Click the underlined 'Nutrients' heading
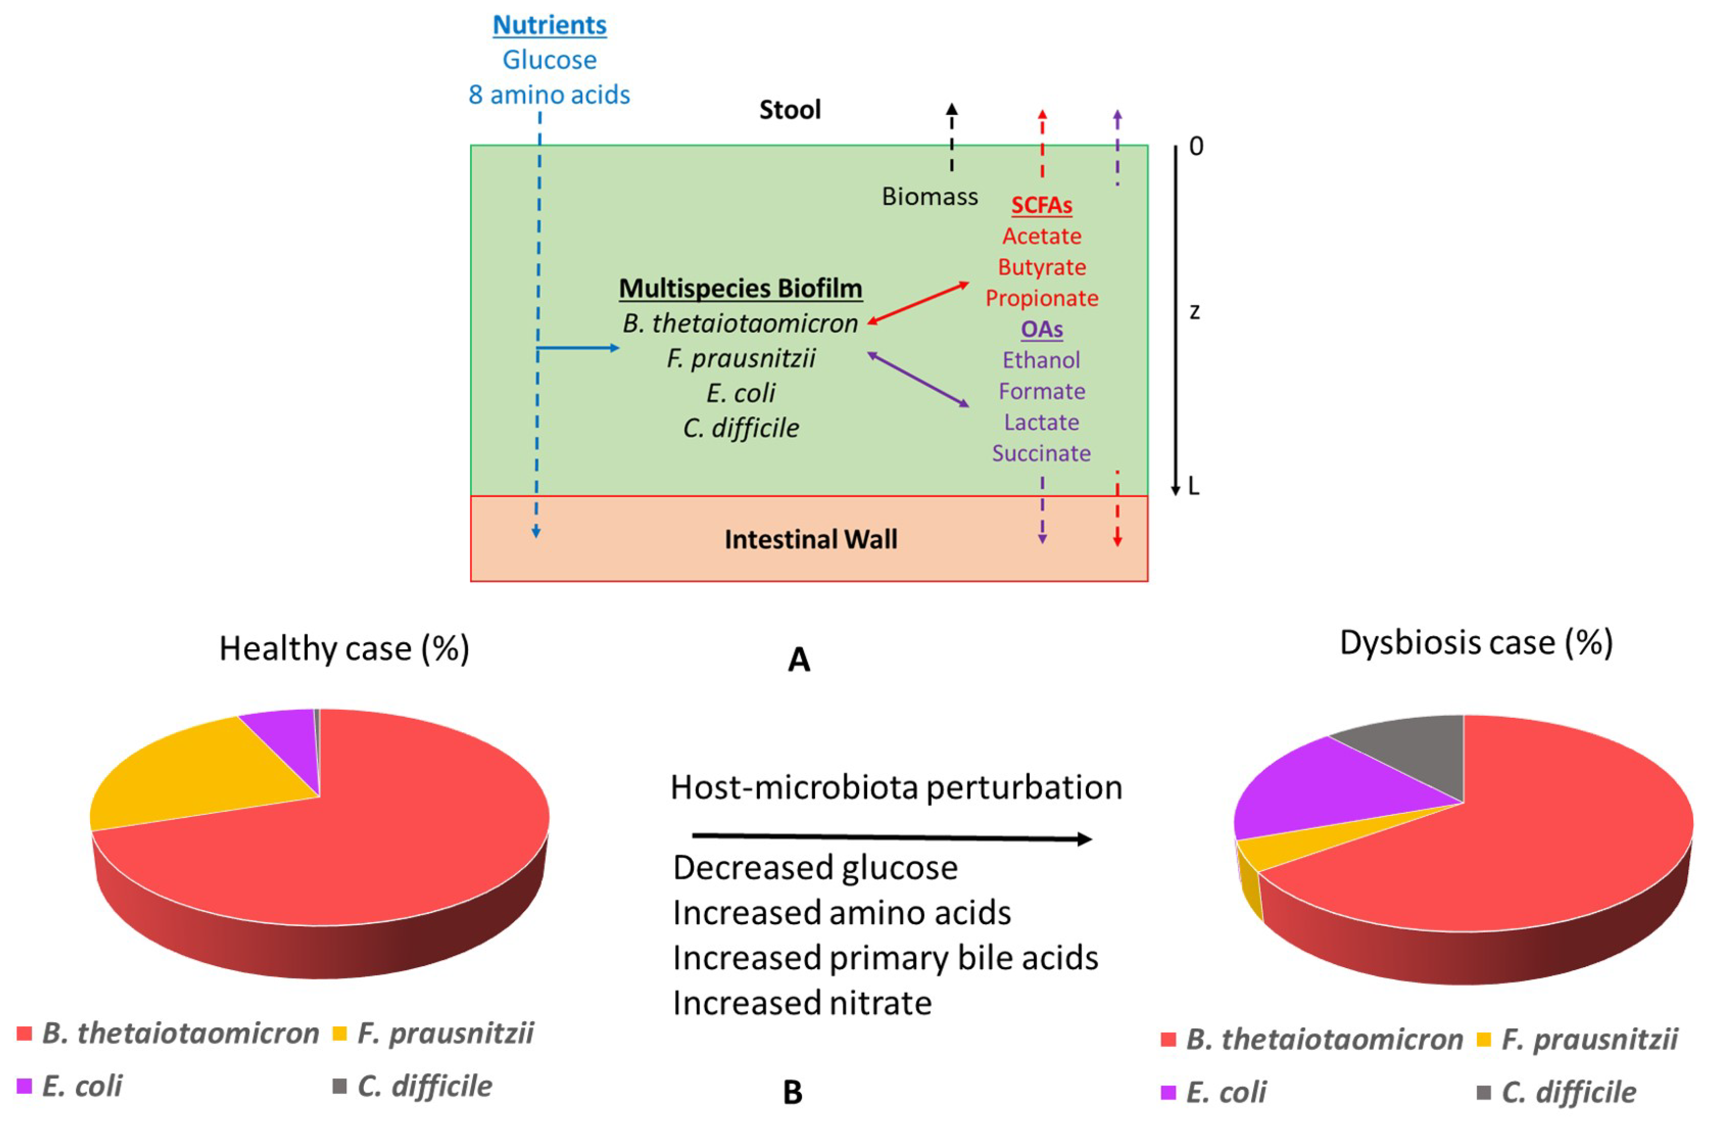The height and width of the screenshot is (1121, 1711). coord(549,25)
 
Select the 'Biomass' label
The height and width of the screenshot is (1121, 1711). coord(930,196)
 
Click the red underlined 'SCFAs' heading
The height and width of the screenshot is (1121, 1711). coord(1041,206)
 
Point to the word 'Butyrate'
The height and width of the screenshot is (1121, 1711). coord(1042,267)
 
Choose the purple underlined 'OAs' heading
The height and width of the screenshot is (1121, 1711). coord(1042,329)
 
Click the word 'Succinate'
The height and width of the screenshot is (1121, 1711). coord(1041,454)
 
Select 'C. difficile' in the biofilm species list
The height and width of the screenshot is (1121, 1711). coord(740,429)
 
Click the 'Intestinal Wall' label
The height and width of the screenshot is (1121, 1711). coord(810,540)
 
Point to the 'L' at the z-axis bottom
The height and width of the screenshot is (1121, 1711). coord(1194,487)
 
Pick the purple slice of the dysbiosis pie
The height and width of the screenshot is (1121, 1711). coord(1323,791)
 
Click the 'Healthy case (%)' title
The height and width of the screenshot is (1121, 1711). coord(344,649)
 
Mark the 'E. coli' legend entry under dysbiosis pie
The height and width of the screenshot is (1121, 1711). coord(1225,1093)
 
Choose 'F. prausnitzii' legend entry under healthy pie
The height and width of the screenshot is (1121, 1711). coord(444,1034)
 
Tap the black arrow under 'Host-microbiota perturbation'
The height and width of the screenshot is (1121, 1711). coord(892,838)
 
